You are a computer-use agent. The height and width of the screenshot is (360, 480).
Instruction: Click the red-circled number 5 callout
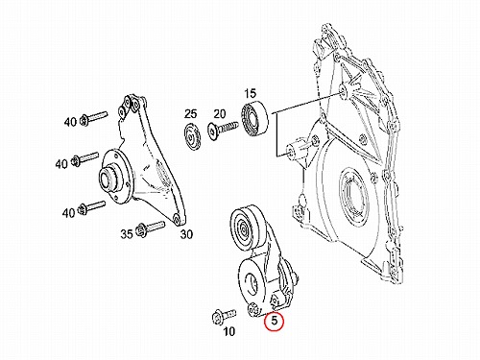(x=274, y=321)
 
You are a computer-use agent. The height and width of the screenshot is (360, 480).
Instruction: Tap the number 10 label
(x=228, y=332)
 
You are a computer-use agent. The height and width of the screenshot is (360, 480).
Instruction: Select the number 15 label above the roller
(x=250, y=93)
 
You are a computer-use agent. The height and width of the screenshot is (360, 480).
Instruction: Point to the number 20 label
(x=220, y=113)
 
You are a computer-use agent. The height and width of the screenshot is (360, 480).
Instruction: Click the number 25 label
(x=190, y=113)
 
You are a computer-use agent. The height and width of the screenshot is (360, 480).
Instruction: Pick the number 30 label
(x=186, y=234)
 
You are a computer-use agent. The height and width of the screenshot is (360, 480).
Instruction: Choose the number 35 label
(x=127, y=234)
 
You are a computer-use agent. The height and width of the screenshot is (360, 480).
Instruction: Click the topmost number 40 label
(x=70, y=122)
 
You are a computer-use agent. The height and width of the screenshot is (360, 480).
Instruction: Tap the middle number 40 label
(x=61, y=164)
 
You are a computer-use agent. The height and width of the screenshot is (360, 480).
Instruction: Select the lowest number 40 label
(x=69, y=212)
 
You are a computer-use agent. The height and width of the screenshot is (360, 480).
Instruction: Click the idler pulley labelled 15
(x=254, y=119)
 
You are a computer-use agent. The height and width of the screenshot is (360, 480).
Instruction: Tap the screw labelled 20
(x=223, y=128)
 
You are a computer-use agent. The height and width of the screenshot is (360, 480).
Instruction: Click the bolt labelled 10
(x=224, y=316)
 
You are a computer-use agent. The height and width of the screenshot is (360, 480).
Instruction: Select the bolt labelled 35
(x=150, y=228)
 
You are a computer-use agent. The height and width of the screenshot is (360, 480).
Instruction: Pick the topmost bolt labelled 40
(x=93, y=117)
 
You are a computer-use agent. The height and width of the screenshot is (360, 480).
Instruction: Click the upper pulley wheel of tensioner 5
(x=246, y=228)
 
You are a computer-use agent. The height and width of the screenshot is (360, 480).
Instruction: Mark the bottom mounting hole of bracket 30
(x=176, y=220)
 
